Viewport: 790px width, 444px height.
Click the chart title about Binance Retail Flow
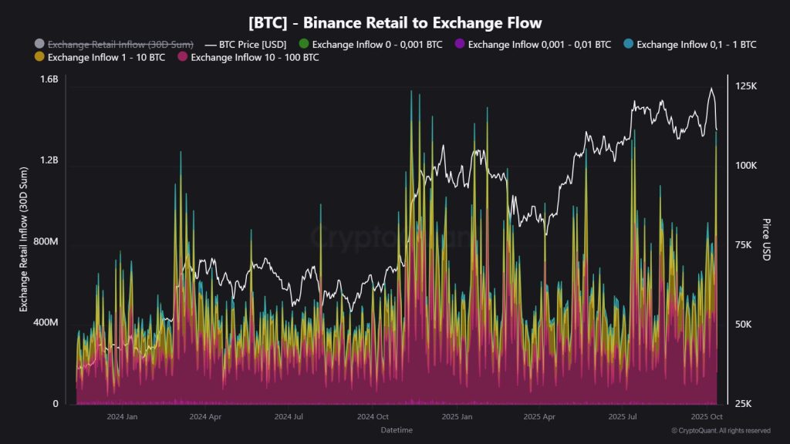coord(394,22)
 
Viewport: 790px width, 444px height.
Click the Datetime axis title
coord(397,429)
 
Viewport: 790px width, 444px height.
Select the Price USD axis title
coord(766,240)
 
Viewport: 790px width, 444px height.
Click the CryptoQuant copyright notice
coord(721,430)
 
